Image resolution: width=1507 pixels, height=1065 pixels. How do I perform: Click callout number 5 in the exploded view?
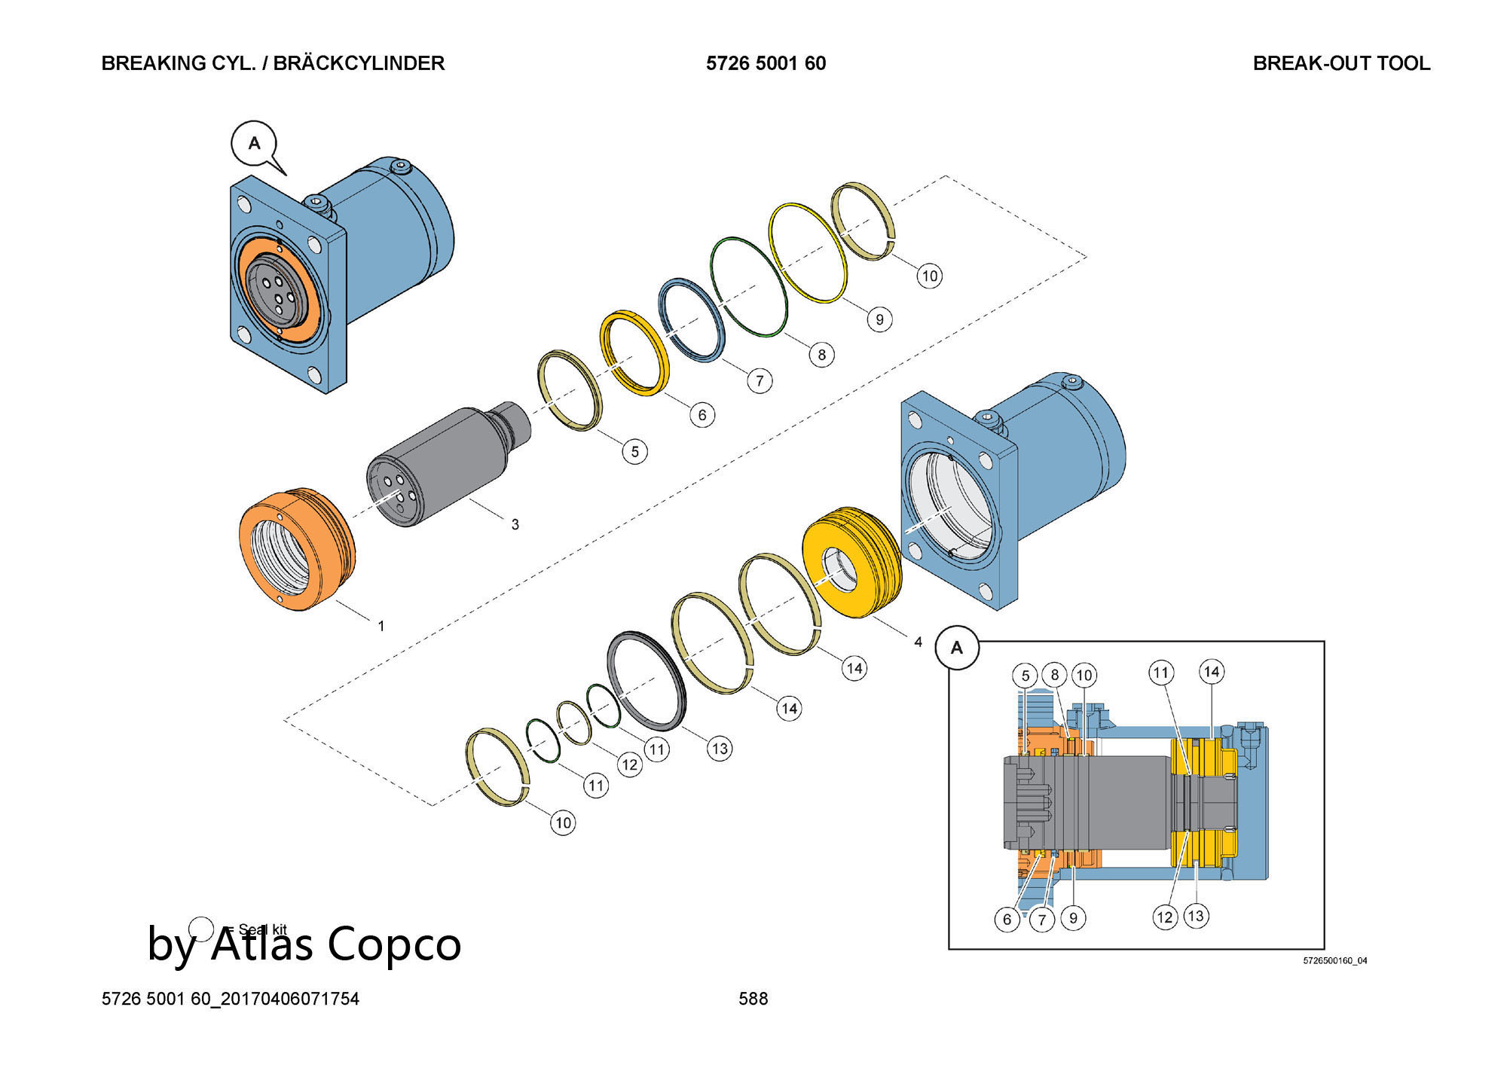634,451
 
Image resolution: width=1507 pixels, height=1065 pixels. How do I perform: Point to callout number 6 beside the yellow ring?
702,414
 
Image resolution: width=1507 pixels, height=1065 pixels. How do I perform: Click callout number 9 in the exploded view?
879,319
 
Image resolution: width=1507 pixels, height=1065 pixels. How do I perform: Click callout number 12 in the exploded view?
630,765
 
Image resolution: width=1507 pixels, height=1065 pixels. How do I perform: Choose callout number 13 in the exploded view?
720,748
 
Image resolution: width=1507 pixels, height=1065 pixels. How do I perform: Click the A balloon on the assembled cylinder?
255,143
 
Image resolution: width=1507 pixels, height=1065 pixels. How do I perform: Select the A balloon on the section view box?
957,648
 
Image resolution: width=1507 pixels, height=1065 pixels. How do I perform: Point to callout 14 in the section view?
1211,671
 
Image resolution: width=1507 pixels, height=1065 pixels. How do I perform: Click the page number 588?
753,999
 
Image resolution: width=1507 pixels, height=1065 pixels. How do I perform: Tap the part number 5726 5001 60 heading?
766,63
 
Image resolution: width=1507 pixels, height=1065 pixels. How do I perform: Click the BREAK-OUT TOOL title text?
1341,63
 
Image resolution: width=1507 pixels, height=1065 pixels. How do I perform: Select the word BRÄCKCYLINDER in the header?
359,63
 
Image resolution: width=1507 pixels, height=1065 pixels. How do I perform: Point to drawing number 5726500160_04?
1334,961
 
